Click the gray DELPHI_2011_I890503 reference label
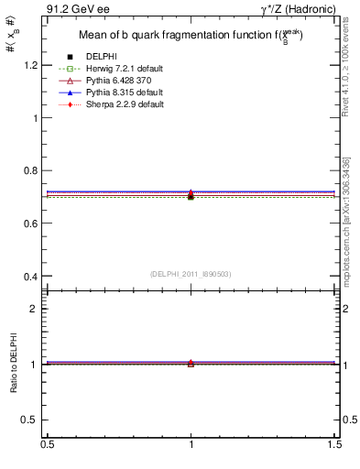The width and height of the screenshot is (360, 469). (191, 274)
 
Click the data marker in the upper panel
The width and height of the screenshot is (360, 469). (191, 195)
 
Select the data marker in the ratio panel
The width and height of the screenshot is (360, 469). (191, 364)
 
